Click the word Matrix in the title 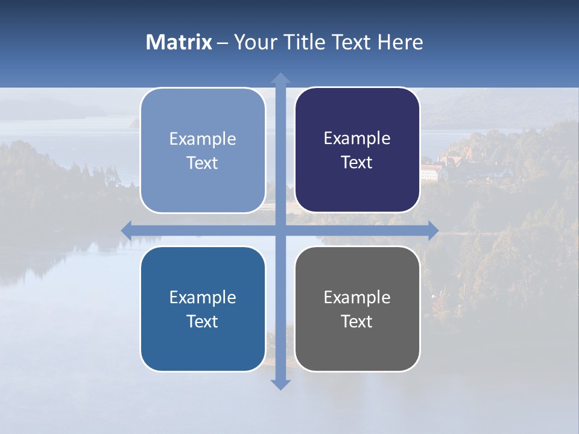(x=179, y=42)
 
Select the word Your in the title (x=254, y=42)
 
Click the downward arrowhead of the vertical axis (x=280, y=384)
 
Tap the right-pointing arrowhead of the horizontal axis (x=433, y=230)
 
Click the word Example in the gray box (x=357, y=297)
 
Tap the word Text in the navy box (x=357, y=163)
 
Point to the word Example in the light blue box (x=203, y=139)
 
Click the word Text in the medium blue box (x=203, y=321)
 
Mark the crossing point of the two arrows (x=280, y=230)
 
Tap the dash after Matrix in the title (x=223, y=43)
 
